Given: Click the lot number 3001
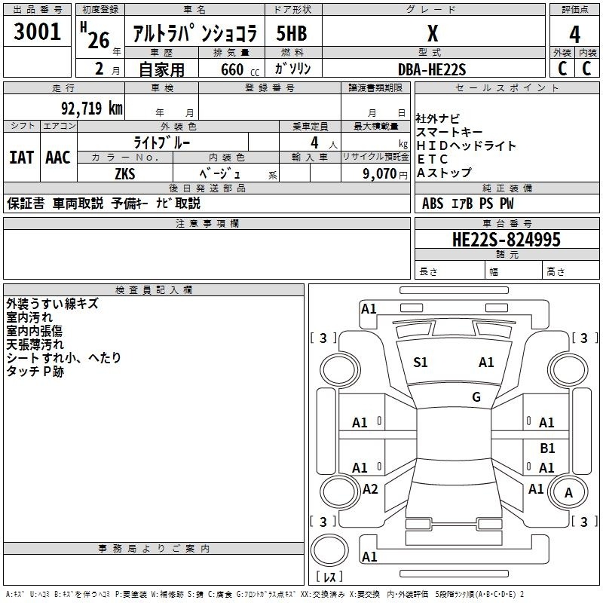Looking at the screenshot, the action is tap(37, 32).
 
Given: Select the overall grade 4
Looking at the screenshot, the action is tap(574, 35).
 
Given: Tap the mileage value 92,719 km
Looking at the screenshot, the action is tap(91, 108).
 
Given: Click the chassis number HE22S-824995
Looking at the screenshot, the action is tap(506, 240).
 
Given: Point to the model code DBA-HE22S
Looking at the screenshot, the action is tap(432, 69).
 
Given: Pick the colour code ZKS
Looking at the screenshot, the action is tap(125, 174).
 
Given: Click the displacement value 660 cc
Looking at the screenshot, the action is tap(240, 70).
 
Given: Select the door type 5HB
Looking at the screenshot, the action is tap(292, 33).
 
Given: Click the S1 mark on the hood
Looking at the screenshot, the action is tap(420, 363).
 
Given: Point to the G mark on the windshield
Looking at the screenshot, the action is tap(476, 397).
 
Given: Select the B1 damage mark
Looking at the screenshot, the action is tap(547, 448).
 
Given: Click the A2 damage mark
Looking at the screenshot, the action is tap(370, 489).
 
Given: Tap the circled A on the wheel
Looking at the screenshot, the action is tap(568, 493).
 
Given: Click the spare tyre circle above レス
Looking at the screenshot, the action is tap(329, 549).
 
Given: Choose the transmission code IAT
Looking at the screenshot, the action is tap(22, 158).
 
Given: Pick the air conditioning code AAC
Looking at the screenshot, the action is tap(58, 158).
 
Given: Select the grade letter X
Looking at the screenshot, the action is tap(433, 33).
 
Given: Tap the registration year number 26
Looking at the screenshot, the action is tap(99, 41).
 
